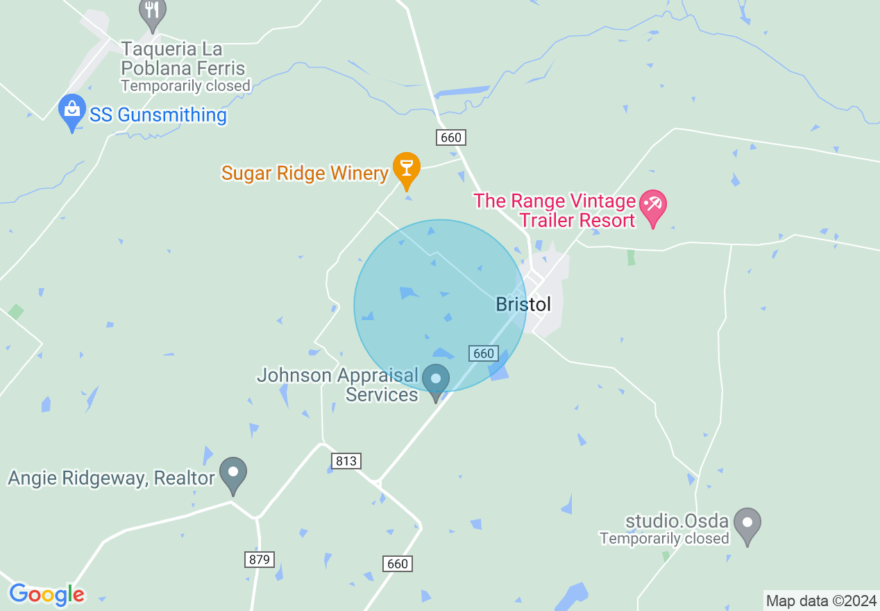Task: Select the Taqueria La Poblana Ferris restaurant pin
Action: click(x=152, y=12)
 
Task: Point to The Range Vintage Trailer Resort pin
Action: click(x=652, y=206)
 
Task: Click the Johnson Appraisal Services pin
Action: click(x=437, y=380)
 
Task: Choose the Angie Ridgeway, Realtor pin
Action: click(x=233, y=473)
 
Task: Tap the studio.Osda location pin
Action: click(x=747, y=524)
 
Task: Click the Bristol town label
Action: click(x=523, y=304)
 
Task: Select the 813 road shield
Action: click(x=346, y=461)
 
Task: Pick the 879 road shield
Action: click(x=260, y=559)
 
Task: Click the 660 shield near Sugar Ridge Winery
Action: click(x=450, y=137)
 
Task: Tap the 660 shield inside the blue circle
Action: click(x=483, y=353)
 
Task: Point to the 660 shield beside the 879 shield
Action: click(x=398, y=563)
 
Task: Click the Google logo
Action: click(x=46, y=594)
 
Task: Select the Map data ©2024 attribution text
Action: click(x=821, y=601)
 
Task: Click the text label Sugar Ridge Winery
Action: click(x=304, y=173)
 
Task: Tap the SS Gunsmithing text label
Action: click(x=158, y=115)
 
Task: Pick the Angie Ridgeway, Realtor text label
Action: click(x=111, y=478)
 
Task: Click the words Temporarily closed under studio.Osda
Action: click(x=664, y=538)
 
